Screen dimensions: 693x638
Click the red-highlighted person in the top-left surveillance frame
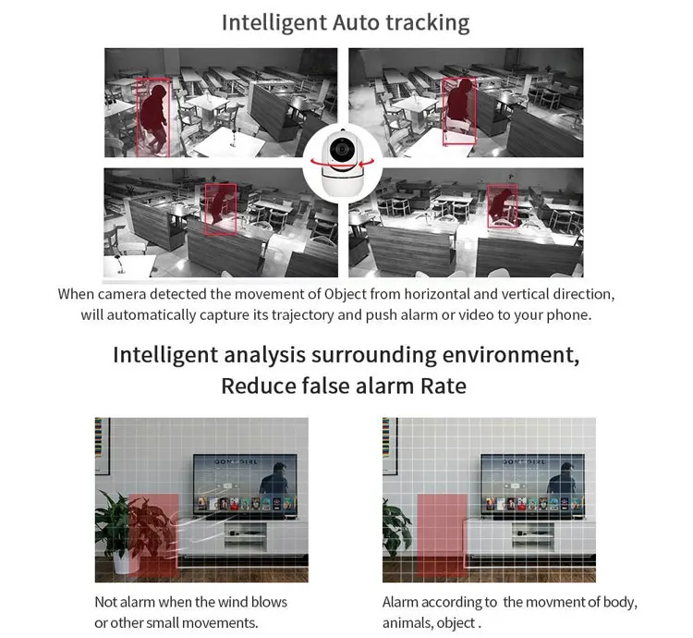click(x=152, y=115)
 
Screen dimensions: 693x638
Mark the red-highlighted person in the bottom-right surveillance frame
click(x=502, y=205)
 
